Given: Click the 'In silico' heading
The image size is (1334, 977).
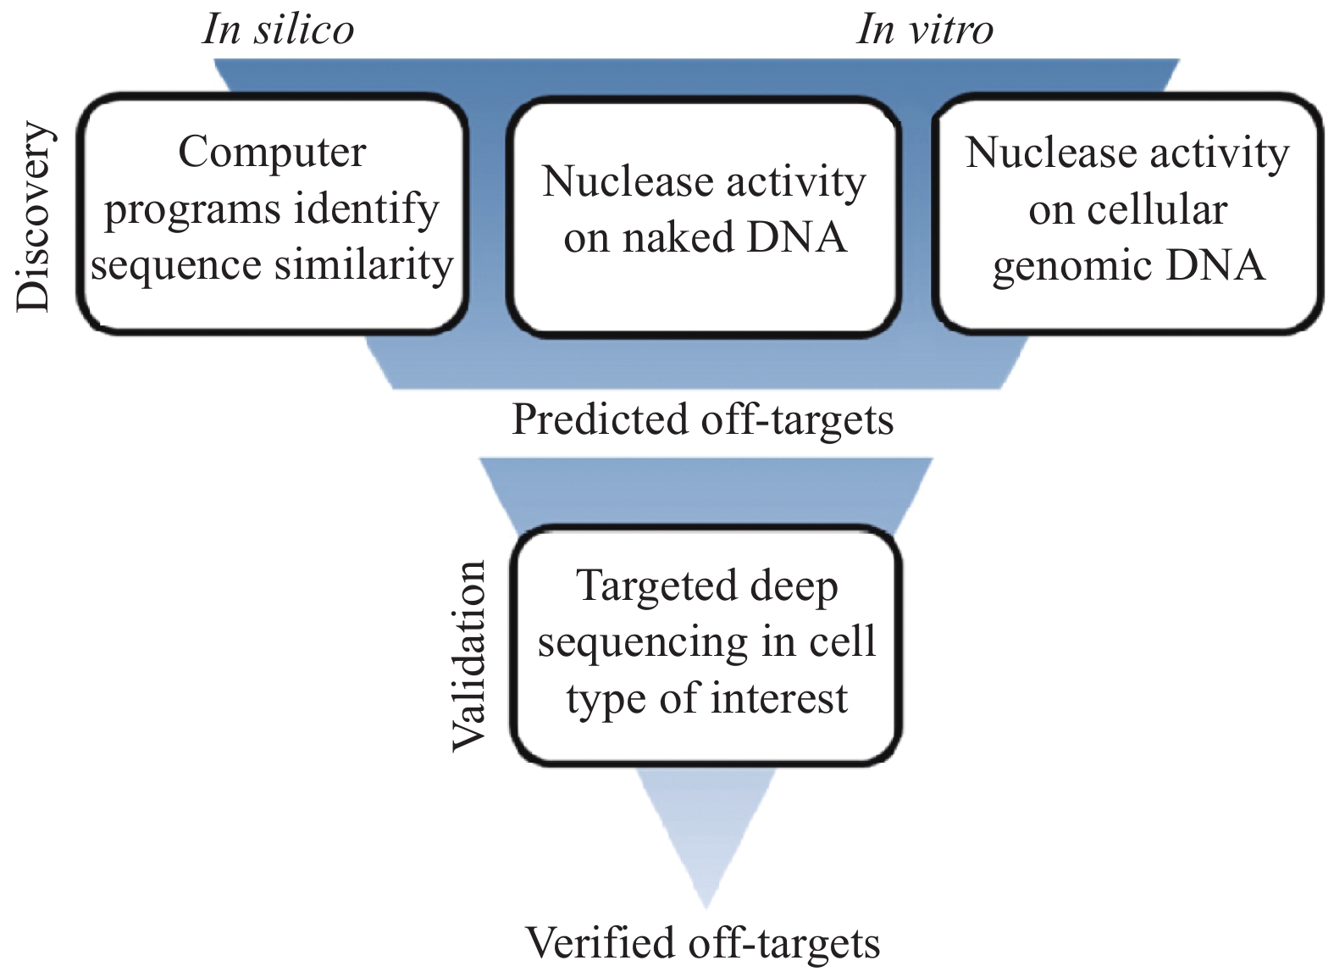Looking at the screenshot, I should (x=278, y=31).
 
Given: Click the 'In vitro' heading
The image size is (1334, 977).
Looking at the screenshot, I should (x=924, y=31).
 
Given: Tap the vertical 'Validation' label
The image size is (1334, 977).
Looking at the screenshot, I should (x=468, y=655).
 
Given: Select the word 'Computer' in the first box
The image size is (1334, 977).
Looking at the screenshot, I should (x=272, y=153).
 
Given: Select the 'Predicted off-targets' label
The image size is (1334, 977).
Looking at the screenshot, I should (x=702, y=419).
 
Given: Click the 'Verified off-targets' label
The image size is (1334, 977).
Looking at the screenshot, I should (x=702, y=942).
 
